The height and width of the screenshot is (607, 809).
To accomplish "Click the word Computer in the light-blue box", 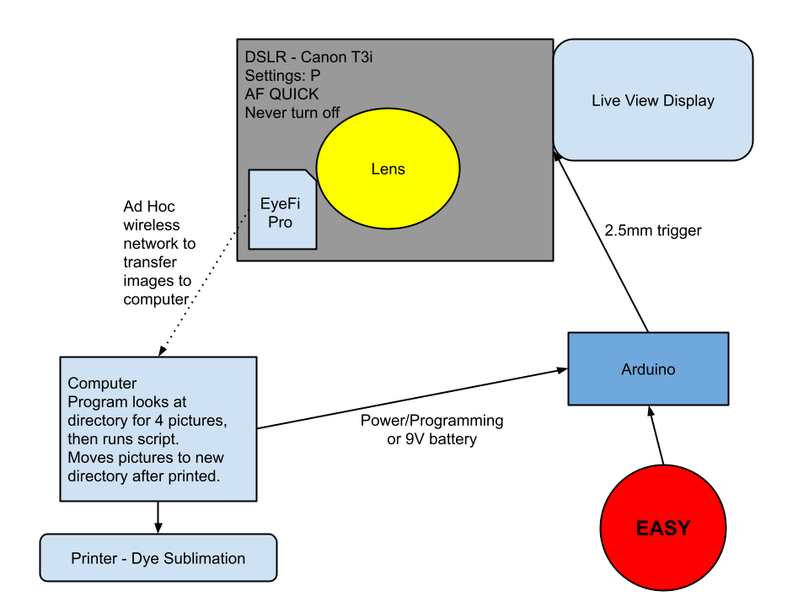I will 102,384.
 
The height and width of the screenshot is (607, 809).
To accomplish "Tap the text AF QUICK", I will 281,94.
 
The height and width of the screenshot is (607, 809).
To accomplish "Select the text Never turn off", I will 292,112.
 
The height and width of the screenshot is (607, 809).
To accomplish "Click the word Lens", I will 388,169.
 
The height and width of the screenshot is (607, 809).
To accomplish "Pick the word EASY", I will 663,529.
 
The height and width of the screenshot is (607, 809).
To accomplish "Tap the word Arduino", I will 648,369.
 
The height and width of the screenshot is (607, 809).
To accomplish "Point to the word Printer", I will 94,558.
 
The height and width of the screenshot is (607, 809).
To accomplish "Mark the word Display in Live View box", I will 688,100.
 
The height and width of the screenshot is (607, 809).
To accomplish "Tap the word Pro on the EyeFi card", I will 280,223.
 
